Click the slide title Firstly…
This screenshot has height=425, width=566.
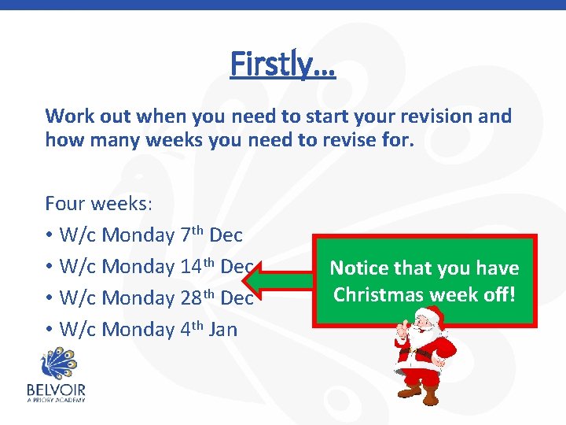[x=283, y=64]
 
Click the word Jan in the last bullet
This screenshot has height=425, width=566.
[x=222, y=329]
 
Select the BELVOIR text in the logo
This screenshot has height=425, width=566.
[x=56, y=389]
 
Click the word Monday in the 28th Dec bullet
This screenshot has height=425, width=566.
[x=138, y=298]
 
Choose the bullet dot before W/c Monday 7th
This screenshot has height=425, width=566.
[x=50, y=235]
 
